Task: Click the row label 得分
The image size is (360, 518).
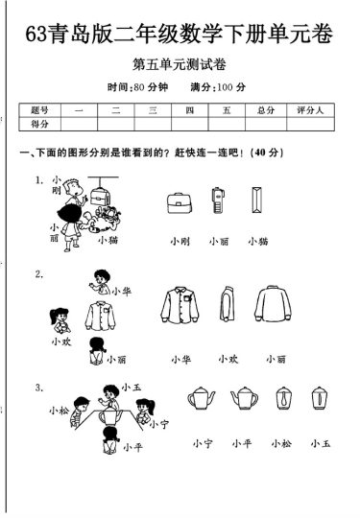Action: tap(40, 124)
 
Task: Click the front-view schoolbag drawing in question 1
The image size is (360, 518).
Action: tap(178, 201)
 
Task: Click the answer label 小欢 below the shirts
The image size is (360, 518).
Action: tap(228, 359)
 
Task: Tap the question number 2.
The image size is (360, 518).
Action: tap(38, 274)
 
